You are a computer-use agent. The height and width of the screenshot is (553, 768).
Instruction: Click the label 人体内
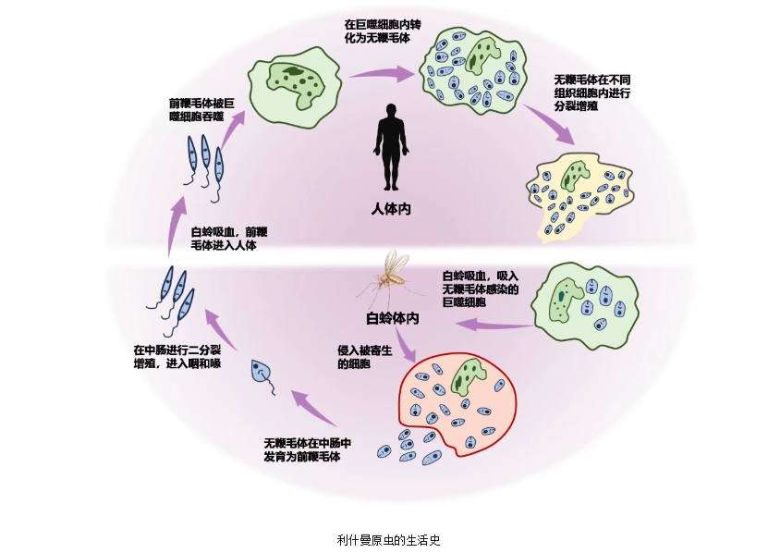(x=390, y=209)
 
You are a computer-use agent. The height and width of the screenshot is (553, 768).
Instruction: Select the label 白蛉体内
(x=392, y=318)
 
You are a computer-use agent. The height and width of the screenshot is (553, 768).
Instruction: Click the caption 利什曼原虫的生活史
(x=389, y=539)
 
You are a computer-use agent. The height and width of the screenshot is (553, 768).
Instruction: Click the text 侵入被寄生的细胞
(x=366, y=358)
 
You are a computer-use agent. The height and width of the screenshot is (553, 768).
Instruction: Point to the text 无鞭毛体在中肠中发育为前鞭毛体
(x=307, y=449)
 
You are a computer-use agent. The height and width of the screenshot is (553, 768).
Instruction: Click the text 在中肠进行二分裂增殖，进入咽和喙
(x=177, y=356)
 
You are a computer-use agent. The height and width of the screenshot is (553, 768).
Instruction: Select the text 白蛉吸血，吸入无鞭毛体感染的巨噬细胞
(x=480, y=289)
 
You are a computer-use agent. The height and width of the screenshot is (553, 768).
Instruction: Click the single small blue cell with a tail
(x=261, y=373)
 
